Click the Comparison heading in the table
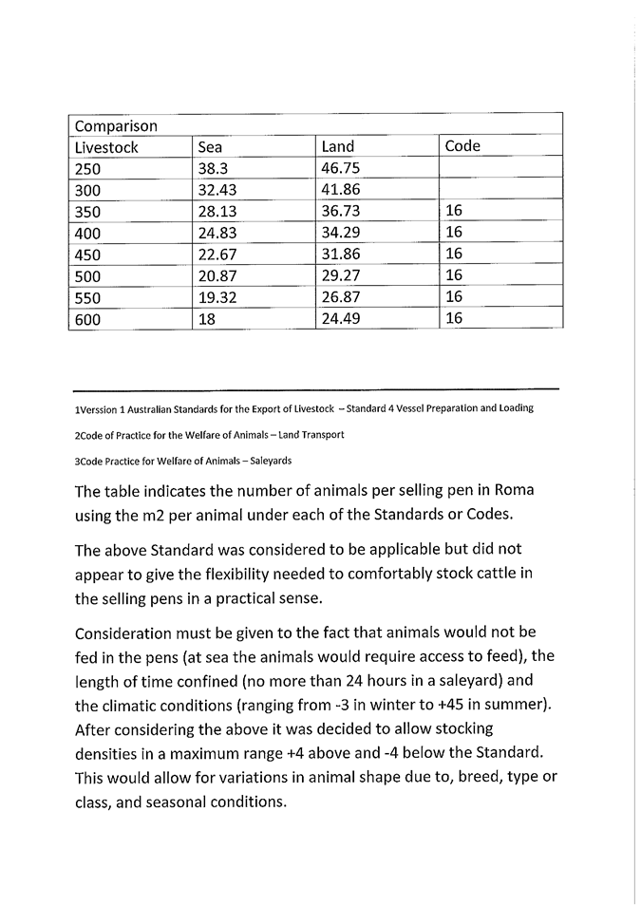click(x=116, y=125)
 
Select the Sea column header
click(x=210, y=147)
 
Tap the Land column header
click(x=338, y=147)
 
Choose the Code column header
click(x=462, y=146)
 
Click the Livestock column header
click(x=106, y=147)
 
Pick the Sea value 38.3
click(x=215, y=169)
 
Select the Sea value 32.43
click(x=217, y=190)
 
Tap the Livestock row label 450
click(x=87, y=255)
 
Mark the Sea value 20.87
click(x=217, y=276)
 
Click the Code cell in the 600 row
click(x=453, y=319)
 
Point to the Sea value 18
click(x=206, y=320)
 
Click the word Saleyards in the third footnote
click(x=269, y=461)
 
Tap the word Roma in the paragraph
click(x=515, y=492)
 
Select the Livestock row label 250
click(x=87, y=169)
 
